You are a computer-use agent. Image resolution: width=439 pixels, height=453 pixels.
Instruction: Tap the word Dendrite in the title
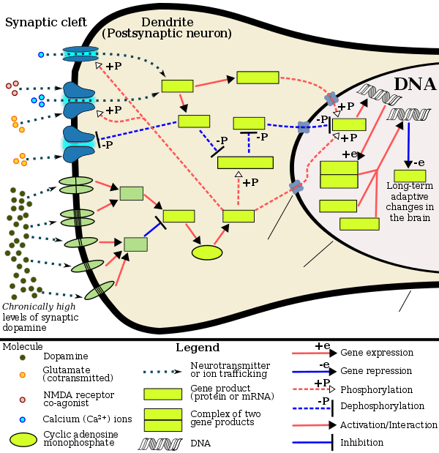click(x=167, y=22)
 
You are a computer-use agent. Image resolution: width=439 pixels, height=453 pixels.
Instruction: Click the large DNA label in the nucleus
click(x=415, y=84)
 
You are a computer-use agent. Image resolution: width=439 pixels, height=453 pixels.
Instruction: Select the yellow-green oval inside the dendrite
click(x=207, y=252)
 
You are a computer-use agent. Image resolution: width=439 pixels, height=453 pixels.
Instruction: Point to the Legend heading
click(x=198, y=348)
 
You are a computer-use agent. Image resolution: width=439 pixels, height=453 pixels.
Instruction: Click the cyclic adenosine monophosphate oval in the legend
click(x=23, y=440)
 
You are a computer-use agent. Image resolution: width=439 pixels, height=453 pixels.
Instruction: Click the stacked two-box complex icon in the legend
click(x=162, y=419)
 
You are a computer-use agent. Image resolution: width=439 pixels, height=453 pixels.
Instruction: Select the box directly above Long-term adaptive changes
click(x=410, y=176)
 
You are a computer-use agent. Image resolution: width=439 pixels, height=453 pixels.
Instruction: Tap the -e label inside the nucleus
click(x=419, y=162)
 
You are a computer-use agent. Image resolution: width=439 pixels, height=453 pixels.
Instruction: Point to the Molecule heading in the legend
click(x=22, y=345)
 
